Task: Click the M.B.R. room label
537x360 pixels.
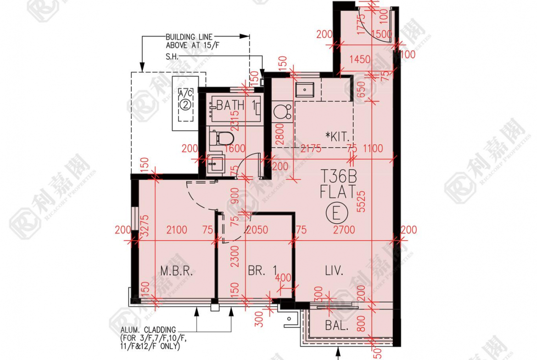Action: (x=176, y=271)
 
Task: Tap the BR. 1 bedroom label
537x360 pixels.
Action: (x=262, y=271)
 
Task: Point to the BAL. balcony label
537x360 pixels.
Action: (x=336, y=327)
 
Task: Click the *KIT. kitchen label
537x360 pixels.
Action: (x=339, y=136)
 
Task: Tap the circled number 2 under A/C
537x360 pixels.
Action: (x=185, y=105)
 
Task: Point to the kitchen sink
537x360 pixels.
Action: (x=304, y=89)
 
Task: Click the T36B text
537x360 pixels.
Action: (x=338, y=176)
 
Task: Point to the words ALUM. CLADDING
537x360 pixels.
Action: (x=148, y=329)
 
